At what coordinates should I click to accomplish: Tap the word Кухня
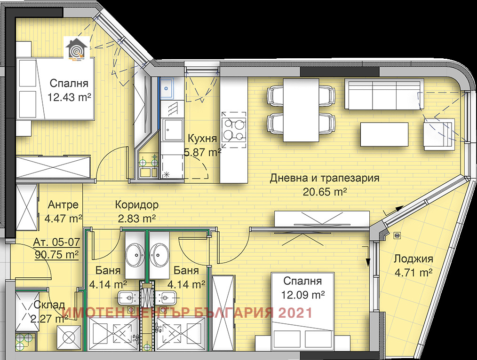coord(202,139)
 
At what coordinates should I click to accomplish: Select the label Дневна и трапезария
coord(325,179)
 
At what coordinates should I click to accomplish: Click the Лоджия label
coord(413,259)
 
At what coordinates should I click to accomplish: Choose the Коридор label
coord(137,205)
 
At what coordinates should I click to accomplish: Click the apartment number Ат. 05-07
coord(57,243)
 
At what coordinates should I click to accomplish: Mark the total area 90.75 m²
coord(57,255)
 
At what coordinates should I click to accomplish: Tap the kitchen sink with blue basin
coord(167,87)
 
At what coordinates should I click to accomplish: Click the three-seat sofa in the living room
coord(383,94)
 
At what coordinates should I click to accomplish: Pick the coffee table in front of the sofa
coord(384,134)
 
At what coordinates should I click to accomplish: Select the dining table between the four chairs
coord(301,110)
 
